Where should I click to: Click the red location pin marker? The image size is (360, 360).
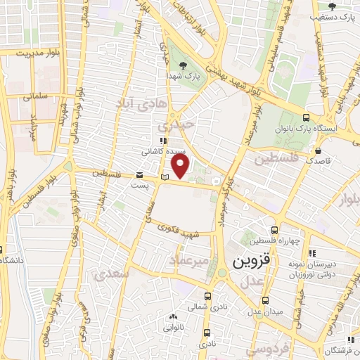[181, 166]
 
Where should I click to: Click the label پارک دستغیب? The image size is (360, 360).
[336, 15]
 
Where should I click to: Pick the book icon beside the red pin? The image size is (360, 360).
[165, 176]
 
